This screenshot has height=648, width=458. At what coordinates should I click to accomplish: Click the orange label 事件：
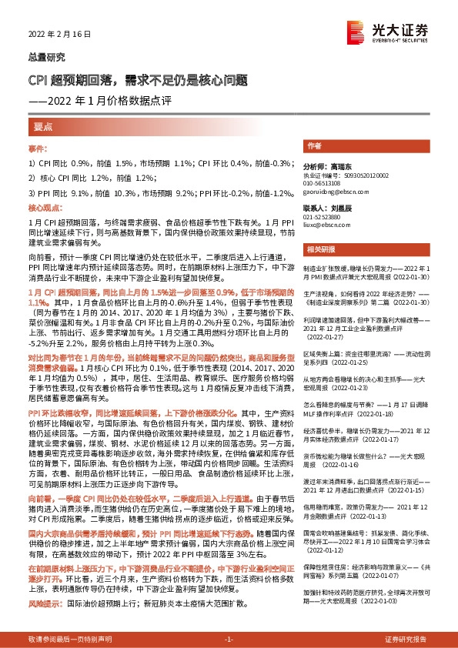38,148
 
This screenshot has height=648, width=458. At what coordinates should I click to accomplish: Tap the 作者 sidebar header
314,145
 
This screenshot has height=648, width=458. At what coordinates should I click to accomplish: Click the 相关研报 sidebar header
319,249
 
